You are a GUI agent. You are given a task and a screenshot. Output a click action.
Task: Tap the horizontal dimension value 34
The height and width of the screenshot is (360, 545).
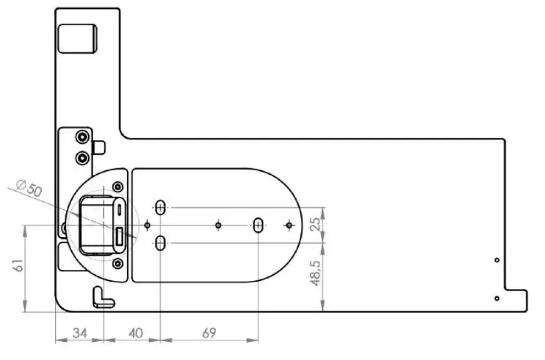pos(80,333)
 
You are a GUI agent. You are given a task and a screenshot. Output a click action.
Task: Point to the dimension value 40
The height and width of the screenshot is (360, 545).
pos(135,333)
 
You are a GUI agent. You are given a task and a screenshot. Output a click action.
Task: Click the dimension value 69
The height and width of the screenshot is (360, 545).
pos(208,333)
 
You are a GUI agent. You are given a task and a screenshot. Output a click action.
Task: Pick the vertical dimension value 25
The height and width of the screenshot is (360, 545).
pos(315,225)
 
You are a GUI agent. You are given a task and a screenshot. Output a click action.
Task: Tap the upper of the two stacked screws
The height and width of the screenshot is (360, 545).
pos(82,137)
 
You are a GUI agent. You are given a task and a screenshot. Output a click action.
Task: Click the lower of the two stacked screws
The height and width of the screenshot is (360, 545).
pos(82,157)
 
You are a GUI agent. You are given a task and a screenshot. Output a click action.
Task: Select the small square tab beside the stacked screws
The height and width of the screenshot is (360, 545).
pos(99,147)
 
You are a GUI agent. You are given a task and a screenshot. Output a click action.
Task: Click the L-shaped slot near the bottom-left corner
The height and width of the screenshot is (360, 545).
pos(102,297)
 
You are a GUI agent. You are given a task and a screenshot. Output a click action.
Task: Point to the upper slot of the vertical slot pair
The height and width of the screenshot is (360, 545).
pos(161,207)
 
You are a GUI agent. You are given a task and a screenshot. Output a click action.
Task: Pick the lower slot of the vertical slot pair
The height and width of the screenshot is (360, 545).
pos(161,243)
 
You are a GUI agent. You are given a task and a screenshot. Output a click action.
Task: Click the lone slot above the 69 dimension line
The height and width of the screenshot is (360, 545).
pos(258,225)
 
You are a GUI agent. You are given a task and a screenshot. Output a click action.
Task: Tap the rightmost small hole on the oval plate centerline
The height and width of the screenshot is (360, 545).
pos(289,225)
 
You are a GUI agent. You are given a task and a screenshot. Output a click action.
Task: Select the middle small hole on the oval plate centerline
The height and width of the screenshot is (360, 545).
pos(218,225)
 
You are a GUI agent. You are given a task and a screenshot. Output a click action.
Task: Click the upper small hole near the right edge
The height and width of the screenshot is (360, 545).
pos(496,260)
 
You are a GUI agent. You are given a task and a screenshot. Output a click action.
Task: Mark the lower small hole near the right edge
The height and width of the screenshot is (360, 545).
pos(496,298)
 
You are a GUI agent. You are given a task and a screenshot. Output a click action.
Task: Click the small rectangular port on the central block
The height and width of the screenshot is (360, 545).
pos(120,238)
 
